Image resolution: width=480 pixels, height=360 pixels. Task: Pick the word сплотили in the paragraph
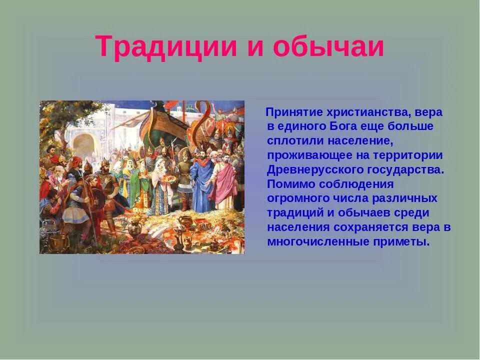(x=292, y=140)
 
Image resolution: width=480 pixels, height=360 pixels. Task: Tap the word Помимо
(x=287, y=184)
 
